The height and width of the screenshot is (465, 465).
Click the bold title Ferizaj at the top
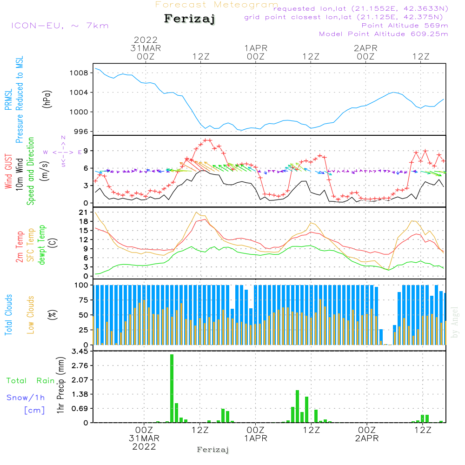pyautogui.click(x=190, y=20)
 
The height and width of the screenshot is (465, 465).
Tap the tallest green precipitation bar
pyautogui.click(x=172, y=388)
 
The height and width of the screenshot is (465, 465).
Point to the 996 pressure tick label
pyautogui.click(x=81, y=131)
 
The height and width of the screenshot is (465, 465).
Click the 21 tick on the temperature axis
pyautogui.click(x=84, y=213)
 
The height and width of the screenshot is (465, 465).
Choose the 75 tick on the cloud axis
pyautogui.click(x=83, y=300)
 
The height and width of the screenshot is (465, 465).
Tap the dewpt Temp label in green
pyautogui.click(x=42, y=245)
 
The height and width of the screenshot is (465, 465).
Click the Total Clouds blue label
pyautogui.click(x=8, y=314)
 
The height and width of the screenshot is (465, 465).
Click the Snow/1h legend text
pyautogui.click(x=26, y=398)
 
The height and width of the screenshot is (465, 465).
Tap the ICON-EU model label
pyautogui.click(x=60, y=26)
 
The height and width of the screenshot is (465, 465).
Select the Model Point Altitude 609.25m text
pyautogui.click(x=384, y=34)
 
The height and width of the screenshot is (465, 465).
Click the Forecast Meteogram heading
pyautogui.click(x=217, y=5)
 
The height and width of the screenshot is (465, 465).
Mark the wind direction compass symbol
pyautogui.click(x=63, y=152)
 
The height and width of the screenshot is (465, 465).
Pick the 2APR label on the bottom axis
pyautogui.click(x=366, y=438)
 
